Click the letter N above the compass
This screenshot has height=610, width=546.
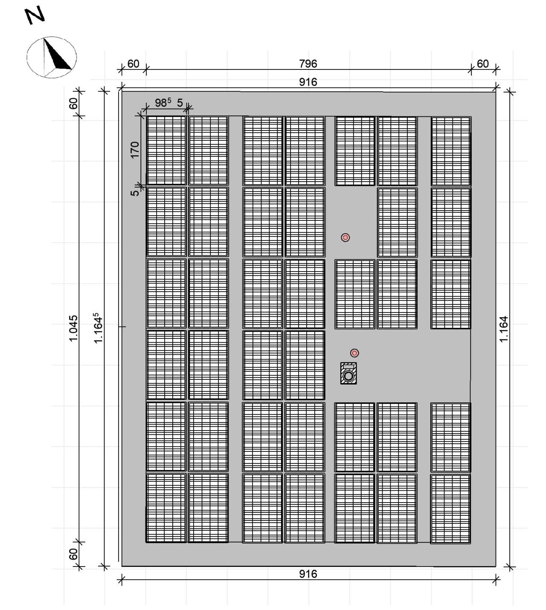[35, 17]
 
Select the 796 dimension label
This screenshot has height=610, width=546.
[308, 64]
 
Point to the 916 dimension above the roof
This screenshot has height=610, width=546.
[308, 82]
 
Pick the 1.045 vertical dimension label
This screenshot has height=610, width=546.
[73, 328]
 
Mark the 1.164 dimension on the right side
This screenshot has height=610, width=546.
[504, 329]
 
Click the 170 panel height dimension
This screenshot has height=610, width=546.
[135, 150]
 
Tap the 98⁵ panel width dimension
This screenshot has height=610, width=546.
[163, 103]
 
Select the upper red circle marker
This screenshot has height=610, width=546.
[346, 237]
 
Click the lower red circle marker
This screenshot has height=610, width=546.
[354, 353]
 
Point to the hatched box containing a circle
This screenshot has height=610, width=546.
[349, 373]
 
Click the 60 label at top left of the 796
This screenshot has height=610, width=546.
[133, 64]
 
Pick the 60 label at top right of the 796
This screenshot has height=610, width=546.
[483, 64]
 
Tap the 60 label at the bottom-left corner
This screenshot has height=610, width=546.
[73, 554]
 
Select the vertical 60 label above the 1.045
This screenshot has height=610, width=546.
[73, 103]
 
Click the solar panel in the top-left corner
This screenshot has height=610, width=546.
[166, 150]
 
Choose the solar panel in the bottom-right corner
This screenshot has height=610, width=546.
[451, 509]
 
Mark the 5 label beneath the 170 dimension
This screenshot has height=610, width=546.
[135, 192]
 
